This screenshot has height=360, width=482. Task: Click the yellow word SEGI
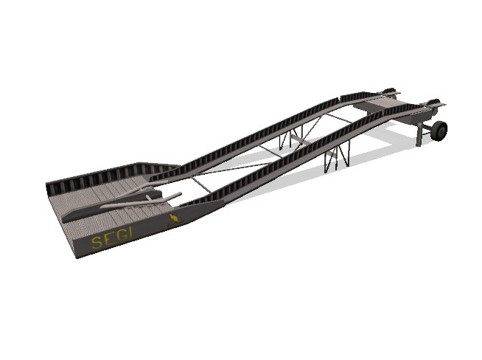tap(113, 238)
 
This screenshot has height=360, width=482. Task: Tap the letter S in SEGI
tap(97, 243)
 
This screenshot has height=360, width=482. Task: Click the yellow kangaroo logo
tap(174, 221)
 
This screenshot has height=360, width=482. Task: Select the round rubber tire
tap(439, 131)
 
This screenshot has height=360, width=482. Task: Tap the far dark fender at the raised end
tap(391, 91)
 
